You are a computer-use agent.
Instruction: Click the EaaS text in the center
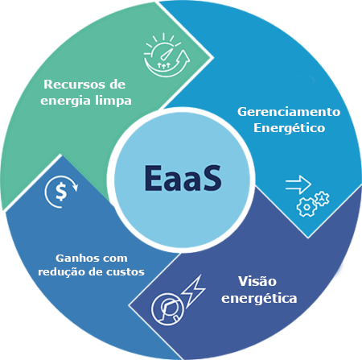click(x=183, y=178)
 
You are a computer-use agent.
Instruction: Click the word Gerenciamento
click(x=289, y=112)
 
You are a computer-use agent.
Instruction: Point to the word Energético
click(x=290, y=128)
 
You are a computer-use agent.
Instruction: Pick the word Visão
click(x=257, y=281)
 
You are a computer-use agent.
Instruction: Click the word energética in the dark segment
click(x=259, y=299)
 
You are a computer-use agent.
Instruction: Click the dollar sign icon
click(x=61, y=192)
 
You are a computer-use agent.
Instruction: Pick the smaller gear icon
click(x=322, y=199)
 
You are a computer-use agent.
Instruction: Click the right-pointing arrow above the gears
click(x=298, y=184)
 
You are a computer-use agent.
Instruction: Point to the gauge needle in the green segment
click(x=166, y=54)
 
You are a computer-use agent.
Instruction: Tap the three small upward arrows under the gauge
click(x=163, y=65)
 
